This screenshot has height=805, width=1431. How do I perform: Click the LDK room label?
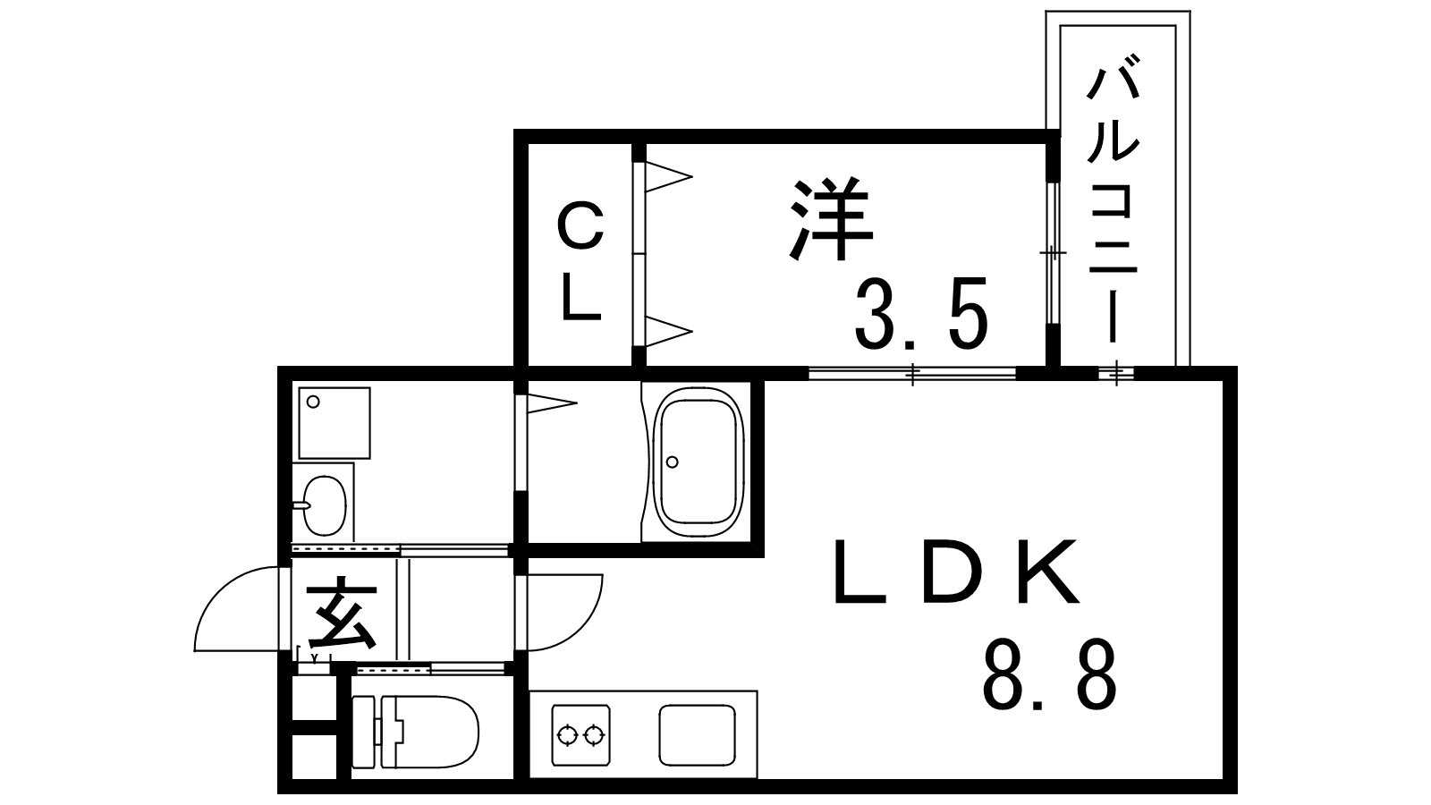956,572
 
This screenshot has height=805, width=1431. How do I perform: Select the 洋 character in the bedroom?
831,219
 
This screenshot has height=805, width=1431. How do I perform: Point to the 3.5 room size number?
921,314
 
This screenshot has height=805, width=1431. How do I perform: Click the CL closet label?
581,261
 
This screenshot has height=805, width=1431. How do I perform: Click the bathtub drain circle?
672,462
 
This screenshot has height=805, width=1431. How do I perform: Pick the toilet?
415,733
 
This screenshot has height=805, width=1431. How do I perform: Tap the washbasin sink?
325,504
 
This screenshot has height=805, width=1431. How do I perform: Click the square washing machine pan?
334,423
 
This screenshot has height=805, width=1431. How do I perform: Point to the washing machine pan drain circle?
313,402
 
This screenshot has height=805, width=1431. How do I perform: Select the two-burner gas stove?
580,735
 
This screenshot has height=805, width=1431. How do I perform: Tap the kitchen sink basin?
697,734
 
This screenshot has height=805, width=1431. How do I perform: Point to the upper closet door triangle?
668,176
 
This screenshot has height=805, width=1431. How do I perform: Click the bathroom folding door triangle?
552,403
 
